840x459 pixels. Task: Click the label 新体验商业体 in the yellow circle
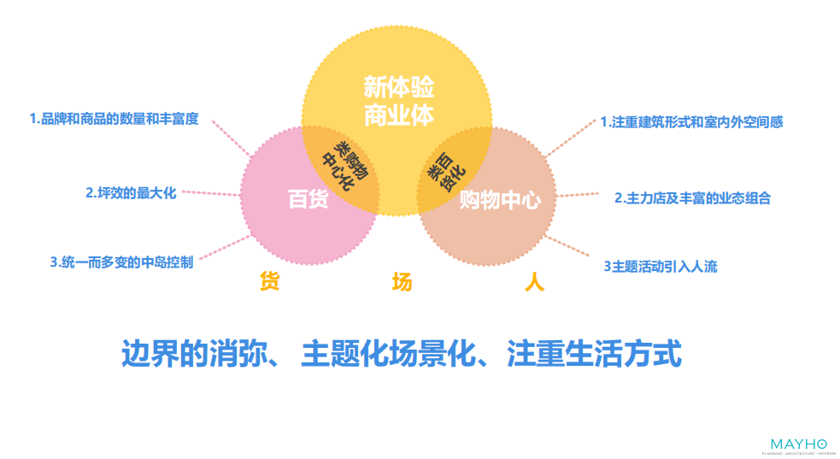pyautogui.click(x=398, y=101)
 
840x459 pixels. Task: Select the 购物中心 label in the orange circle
pyautogui.click(x=500, y=201)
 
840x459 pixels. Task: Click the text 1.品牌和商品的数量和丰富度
pyautogui.click(x=114, y=119)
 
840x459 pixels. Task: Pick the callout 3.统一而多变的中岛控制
pyautogui.click(x=121, y=262)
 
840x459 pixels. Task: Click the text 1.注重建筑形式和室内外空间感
pyautogui.click(x=691, y=122)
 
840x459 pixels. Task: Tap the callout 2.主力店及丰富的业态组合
pyautogui.click(x=693, y=198)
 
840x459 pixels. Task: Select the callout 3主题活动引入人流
pyautogui.click(x=661, y=267)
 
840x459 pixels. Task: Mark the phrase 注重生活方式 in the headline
pyautogui.click(x=595, y=354)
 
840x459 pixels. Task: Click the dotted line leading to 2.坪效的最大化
pyautogui.click(x=214, y=195)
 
